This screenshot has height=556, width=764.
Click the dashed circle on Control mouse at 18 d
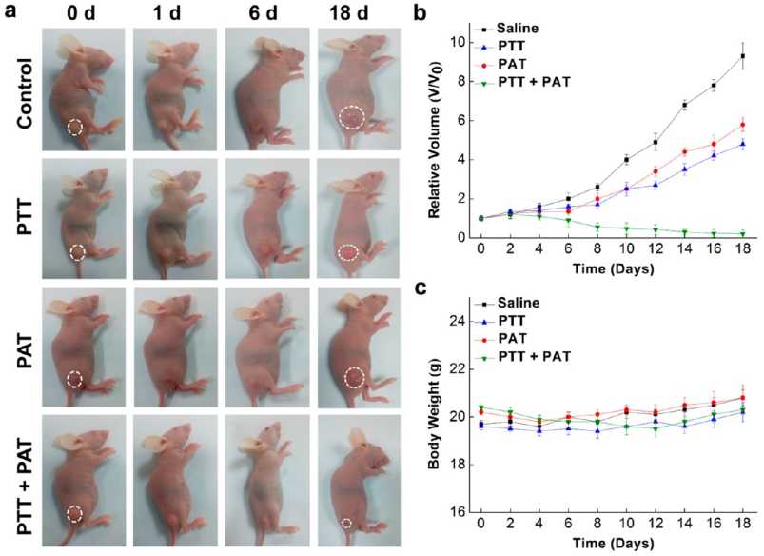[352, 118]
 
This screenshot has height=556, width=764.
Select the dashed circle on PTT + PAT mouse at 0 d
[75, 515]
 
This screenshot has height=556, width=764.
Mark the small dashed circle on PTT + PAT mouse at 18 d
[346, 524]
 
